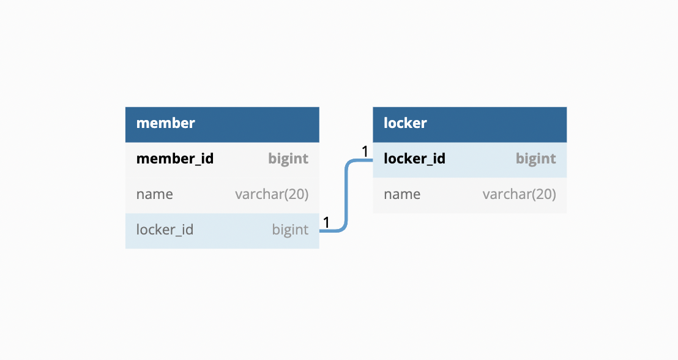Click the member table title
(166, 123)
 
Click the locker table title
(405, 123)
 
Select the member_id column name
(174, 159)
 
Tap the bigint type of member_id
(288, 159)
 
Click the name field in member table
(154, 194)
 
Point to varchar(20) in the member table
(272, 194)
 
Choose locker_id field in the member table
(165, 230)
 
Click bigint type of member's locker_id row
(290, 230)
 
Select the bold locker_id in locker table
(414, 159)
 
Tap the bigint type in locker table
(536, 159)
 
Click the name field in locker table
(401, 194)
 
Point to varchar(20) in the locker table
(520, 194)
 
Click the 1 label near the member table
(327, 222)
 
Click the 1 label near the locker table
(365, 151)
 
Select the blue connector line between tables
(346, 195)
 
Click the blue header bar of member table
(222, 125)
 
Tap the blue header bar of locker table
(469, 125)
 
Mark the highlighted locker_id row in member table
(222, 231)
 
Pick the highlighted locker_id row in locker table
(469, 160)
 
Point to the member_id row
(222, 160)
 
